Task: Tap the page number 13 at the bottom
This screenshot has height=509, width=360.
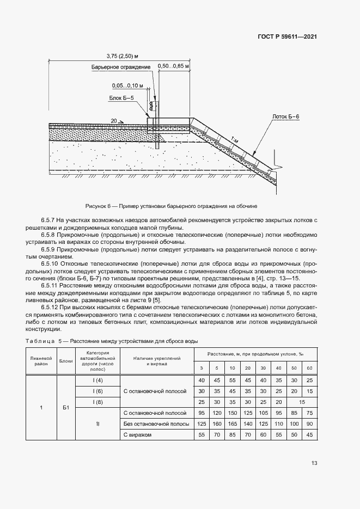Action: pyautogui.click(x=314, y=463)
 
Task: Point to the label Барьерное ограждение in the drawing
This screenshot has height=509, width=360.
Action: pyautogui.click(x=121, y=67)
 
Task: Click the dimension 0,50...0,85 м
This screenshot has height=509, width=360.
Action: pyautogui.click(x=173, y=66)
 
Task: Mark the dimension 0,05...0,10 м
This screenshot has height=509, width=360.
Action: pyautogui.click(x=127, y=85)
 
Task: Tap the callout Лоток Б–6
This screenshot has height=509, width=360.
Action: pyautogui.click(x=286, y=116)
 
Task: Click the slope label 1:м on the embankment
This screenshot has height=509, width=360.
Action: pyautogui.click(x=234, y=140)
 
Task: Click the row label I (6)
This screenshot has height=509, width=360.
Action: pyautogui.click(x=98, y=391)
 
